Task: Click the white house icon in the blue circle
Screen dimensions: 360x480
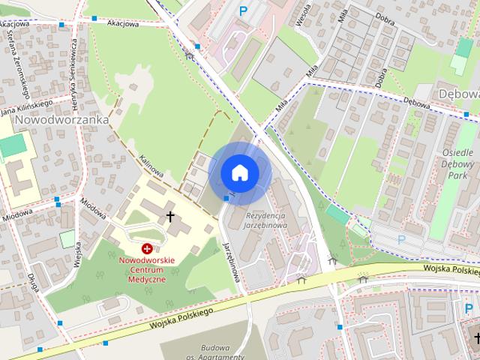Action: coord(240,172)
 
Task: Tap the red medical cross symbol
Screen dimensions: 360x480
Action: coord(147,247)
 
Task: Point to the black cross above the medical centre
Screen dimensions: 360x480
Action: coord(170,217)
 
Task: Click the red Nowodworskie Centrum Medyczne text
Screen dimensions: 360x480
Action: coord(147,268)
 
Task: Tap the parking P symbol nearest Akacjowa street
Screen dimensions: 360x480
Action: coord(242,11)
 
